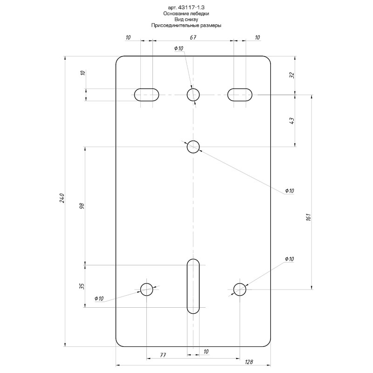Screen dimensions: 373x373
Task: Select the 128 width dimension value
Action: click(249, 362)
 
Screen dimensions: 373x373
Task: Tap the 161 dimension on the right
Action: click(308, 217)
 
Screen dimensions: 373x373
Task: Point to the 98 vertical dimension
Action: click(83, 206)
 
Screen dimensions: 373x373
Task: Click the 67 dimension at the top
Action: click(193, 37)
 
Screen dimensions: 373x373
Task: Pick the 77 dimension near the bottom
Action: click(163, 355)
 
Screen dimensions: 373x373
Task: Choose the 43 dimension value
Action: click(292, 120)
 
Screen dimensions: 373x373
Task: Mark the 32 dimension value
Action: click(292, 75)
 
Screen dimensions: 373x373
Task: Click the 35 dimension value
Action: click(82, 286)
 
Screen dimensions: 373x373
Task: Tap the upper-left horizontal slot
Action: click(146, 95)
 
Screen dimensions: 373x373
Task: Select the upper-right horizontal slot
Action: click(240, 95)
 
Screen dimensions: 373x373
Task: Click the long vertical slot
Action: click(193, 286)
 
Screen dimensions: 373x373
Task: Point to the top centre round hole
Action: click(193, 95)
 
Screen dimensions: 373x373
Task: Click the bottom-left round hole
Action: click(146, 290)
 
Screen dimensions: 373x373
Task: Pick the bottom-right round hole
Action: click(240, 290)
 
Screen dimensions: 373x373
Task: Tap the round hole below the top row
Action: click(193, 147)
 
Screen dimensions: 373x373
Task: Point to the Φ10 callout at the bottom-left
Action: click(99, 298)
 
